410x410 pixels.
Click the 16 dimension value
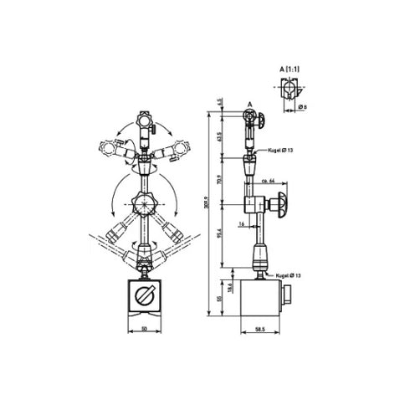(x=240, y=224)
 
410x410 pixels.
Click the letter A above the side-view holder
(x=248, y=105)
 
